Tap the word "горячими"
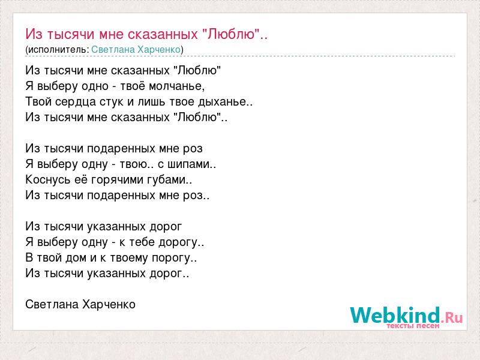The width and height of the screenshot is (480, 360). click(x=118, y=180)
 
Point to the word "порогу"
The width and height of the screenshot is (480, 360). click(x=171, y=258)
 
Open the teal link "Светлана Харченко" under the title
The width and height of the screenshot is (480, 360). click(x=136, y=50)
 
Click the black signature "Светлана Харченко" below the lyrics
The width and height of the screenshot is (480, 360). click(x=80, y=305)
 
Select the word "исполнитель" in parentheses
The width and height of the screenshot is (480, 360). click(x=57, y=50)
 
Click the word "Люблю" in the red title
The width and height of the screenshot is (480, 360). click(x=232, y=34)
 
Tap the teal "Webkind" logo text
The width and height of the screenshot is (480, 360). click(x=395, y=315)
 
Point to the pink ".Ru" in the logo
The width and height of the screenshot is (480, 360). click(x=452, y=317)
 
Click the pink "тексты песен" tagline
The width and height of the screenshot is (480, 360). click(x=413, y=326)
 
